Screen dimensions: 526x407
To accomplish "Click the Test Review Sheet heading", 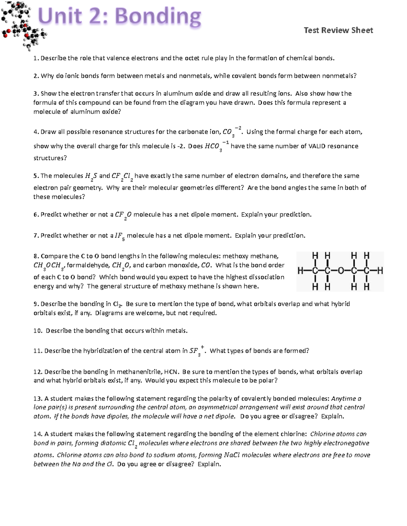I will coord(338,30).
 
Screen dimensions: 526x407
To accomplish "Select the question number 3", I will coord(35,93).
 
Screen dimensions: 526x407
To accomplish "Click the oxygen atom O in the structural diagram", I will coord(340,271).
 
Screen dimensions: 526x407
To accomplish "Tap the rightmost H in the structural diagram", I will coord(380,271).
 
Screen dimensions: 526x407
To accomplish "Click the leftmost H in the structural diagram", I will coord(300,271).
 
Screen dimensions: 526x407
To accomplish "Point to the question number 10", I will coord(37,331).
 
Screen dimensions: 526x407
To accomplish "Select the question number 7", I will coord(35,235).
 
